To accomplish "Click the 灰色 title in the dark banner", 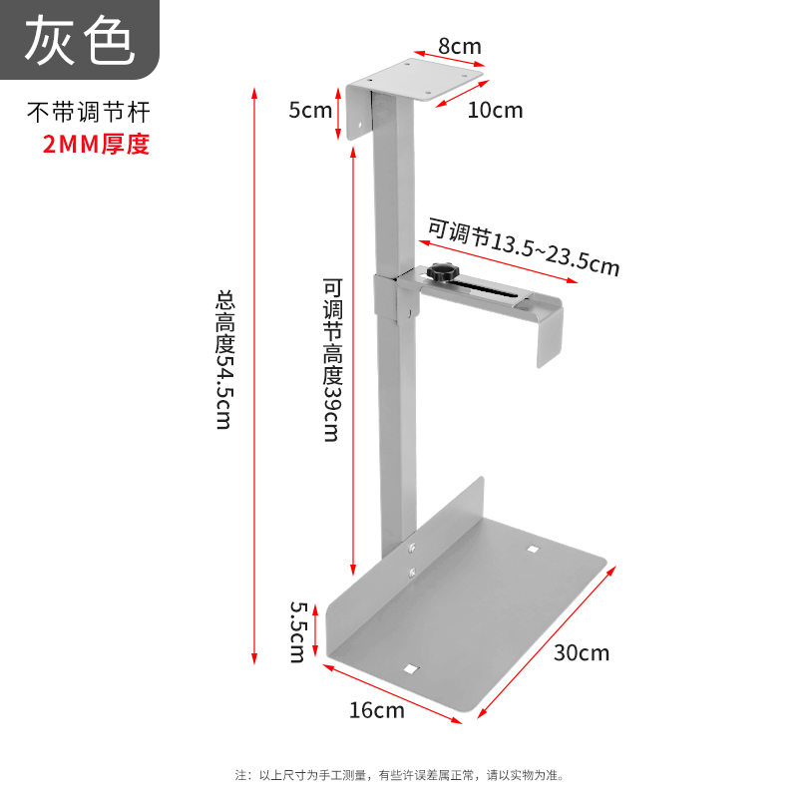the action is point(79,40).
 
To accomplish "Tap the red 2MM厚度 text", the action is point(95,144).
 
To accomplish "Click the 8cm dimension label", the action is point(460,45).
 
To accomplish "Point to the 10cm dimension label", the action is point(495,110).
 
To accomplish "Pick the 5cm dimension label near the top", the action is point(310,110).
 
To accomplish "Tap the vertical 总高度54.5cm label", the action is point(224,359).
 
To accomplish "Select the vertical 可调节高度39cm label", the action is point(331,359).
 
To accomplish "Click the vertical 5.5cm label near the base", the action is point(297,630).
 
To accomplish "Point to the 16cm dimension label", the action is point(377,710).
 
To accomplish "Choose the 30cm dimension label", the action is point(582,653).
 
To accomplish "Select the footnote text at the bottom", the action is point(399,774).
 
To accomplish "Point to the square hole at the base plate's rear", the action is point(533,548).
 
